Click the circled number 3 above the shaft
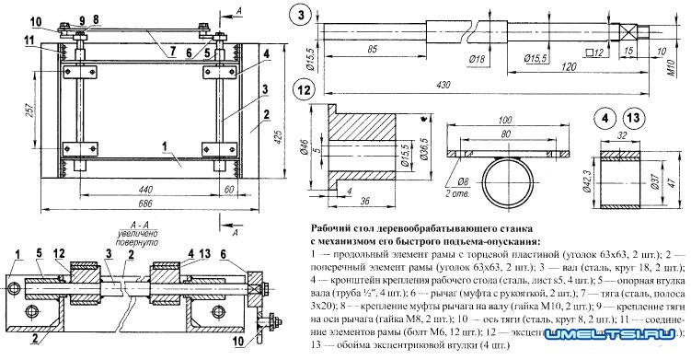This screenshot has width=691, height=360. (x=303, y=16)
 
